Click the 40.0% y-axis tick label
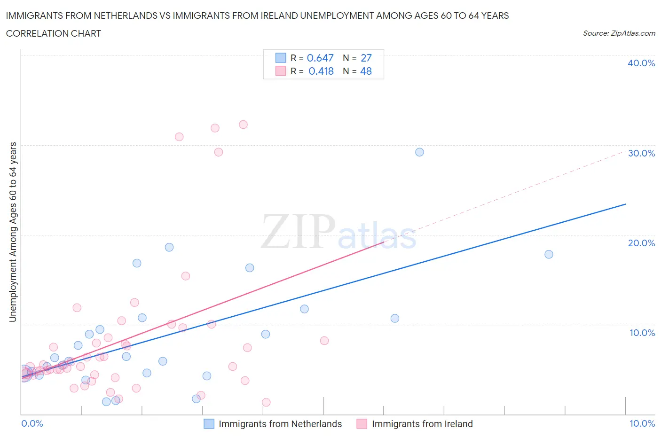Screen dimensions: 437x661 coord(641,63)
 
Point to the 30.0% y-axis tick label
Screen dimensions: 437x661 coord(641,153)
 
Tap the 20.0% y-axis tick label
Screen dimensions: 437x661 coord(641,243)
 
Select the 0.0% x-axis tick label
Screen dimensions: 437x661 coord(32,423)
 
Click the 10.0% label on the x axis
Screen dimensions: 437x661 coord(642,423)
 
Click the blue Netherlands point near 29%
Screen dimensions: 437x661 coord(419,152)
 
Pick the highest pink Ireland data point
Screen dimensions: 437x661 coord(243,125)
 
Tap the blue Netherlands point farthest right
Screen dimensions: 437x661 coord(549,254)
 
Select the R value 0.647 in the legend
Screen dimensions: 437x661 coord(320,58)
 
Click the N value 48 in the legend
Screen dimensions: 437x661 coord(366,71)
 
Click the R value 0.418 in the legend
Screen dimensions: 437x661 coord(321,71)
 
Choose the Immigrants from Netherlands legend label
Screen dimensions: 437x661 coord(280,424)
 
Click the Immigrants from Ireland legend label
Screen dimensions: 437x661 coord(422,424)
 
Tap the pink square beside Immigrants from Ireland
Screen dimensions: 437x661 coord(362,424)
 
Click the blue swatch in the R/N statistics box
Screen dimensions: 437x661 coord(281,58)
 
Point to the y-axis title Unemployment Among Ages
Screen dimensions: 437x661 coord(13,232)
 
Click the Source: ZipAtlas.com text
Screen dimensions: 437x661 coord(619,33)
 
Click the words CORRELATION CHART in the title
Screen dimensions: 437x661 coord(54,33)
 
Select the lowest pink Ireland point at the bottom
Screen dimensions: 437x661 coord(266,402)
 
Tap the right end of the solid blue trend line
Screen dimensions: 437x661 coord(625,204)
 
